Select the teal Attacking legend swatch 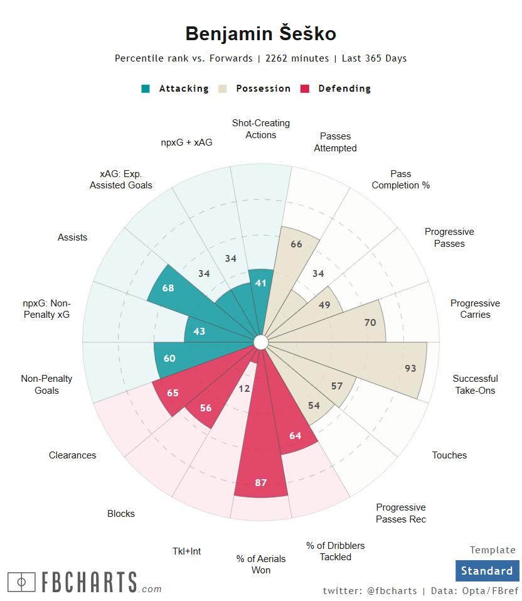click(146, 89)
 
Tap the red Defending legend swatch click(306, 89)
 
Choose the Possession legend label click(263, 89)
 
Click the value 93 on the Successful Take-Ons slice click(410, 369)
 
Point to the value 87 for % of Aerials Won click(261, 482)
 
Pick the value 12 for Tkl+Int click(244, 389)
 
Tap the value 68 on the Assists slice click(168, 288)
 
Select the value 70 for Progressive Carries click(370, 323)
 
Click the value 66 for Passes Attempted click(297, 244)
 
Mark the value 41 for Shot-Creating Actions click(261, 283)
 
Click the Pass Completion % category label click(400, 180)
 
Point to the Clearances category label click(73, 455)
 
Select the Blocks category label click(121, 514)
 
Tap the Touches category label click(449, 455)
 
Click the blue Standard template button click(487, 571)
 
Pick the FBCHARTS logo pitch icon click(22, 582)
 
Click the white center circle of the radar click(261, 342)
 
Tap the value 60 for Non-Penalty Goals click(169, 359)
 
